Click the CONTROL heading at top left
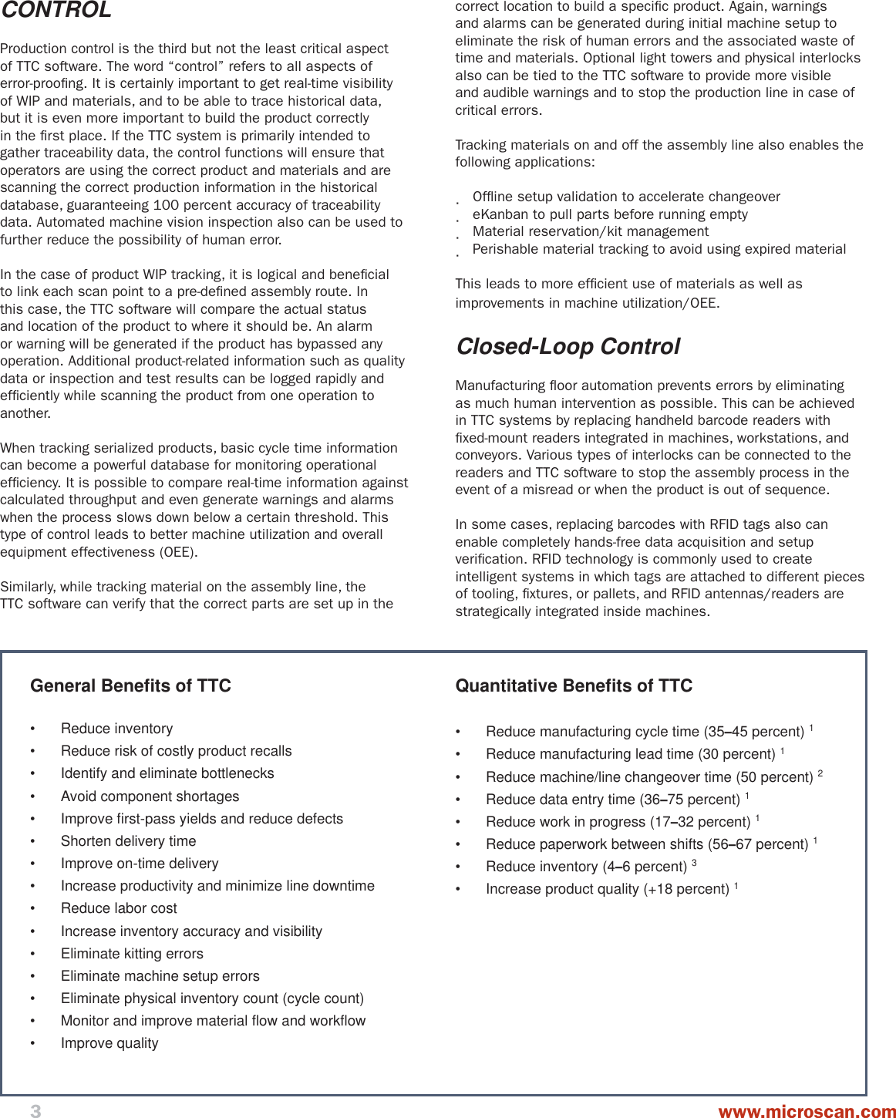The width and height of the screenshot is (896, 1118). pos(56,10)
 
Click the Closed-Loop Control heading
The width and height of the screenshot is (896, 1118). pos(568,347)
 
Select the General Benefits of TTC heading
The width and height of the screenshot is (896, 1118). pos(130,685)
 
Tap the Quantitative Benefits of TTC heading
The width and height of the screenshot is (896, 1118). pos(574,685)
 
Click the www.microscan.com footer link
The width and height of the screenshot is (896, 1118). pos(807,1111)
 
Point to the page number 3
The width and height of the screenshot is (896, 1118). pos(35,1110)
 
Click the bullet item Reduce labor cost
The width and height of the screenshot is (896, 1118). pos(119,908)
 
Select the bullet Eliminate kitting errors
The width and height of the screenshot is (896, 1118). pos(132,954)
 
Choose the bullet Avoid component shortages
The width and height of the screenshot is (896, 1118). pos(150,796)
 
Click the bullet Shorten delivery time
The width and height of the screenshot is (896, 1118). pos(128,841)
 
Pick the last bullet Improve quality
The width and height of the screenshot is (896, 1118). pos(109,1043)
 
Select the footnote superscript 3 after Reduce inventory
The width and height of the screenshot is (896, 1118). pos(694,863)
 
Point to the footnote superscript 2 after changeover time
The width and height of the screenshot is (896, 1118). pos(820,773)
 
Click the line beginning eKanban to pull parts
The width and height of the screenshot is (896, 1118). pos(610,214)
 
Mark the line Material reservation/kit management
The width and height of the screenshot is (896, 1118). pos(591,231)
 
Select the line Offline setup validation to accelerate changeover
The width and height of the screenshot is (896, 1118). pos(626,197)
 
